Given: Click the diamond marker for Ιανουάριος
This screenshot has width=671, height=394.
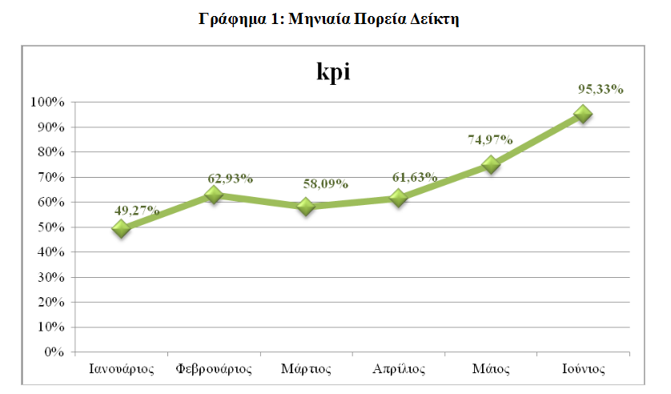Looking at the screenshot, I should pos(121,228).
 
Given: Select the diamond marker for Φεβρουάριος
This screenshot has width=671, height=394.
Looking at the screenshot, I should pos(213,195).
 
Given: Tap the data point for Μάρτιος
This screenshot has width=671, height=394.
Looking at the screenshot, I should pos(305,207).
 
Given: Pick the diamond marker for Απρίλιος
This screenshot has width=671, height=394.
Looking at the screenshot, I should pos(398,198).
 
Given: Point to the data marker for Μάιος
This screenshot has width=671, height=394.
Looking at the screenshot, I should pos(491,164).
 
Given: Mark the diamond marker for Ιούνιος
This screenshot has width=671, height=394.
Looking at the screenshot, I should pos(584,114).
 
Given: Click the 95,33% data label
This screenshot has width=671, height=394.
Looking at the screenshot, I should pos(601,90).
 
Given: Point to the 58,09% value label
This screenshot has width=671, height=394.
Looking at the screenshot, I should pos(325,183).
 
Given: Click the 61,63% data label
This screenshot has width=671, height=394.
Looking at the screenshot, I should pos(414,177).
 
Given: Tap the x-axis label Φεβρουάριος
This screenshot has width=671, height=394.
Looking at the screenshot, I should pos(214,370).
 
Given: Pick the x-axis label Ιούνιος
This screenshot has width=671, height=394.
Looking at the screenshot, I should pos(583,370).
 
